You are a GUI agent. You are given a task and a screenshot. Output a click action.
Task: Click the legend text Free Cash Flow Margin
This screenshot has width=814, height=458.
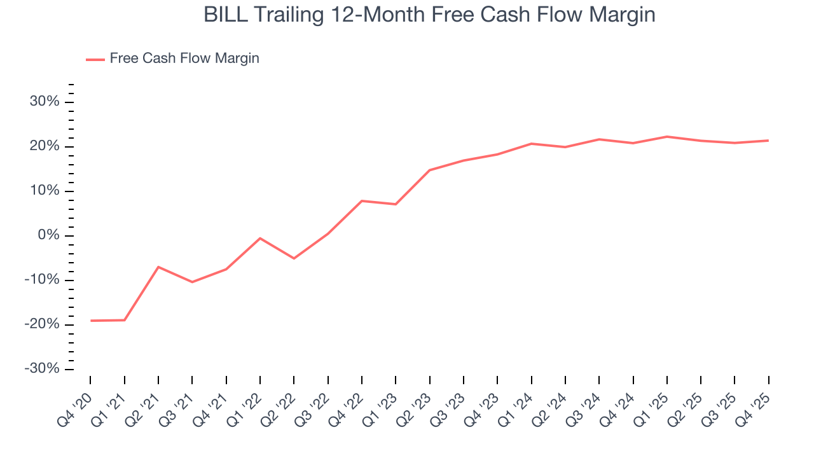point(184,59)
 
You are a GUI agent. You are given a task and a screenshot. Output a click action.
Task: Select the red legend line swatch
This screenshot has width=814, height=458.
point(95,59)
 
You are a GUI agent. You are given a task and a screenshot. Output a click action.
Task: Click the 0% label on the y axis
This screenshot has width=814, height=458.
point(48,235)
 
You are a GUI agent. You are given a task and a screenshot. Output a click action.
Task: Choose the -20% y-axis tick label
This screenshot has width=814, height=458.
point(42,324)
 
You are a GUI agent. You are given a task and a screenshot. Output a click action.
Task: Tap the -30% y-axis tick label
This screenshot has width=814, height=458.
point(42,369)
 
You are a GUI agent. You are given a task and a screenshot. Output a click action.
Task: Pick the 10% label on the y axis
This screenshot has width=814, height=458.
point(45,191)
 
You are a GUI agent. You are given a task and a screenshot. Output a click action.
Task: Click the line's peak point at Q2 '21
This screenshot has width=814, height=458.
point(158,267)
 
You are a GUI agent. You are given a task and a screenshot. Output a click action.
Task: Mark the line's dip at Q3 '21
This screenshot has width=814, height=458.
point(192,282)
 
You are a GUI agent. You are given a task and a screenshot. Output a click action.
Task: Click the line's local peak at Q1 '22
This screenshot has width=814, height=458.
point(260,238)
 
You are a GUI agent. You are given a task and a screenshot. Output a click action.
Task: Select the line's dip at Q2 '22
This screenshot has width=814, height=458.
point(294,258)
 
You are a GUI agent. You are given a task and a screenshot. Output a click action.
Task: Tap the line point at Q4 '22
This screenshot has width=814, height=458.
point(362,201)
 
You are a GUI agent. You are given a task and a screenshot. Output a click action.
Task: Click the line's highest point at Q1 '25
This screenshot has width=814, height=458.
point(667,136)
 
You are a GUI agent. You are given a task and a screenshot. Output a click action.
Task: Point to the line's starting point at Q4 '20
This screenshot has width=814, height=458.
point(91,321)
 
